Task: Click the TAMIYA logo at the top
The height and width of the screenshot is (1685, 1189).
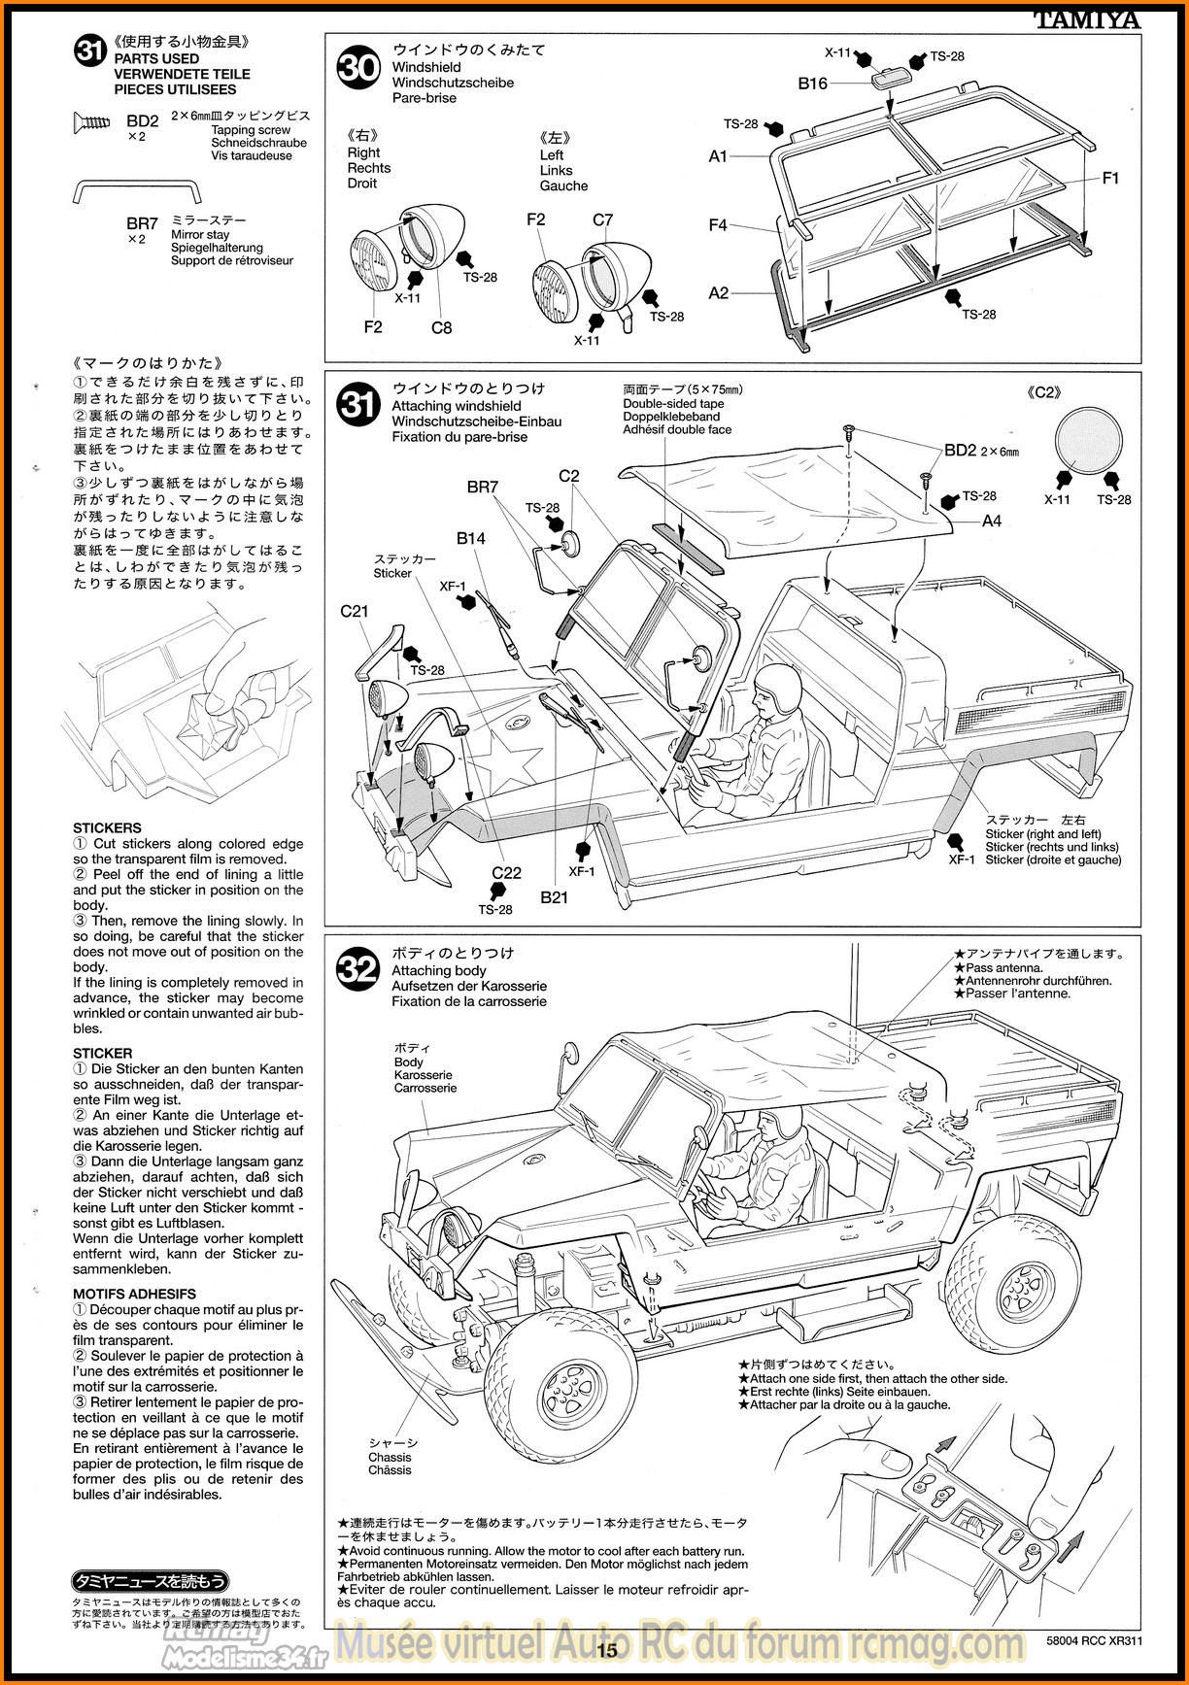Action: [x=1086, y=19]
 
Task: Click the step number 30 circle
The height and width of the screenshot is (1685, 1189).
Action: [x=358, y=68]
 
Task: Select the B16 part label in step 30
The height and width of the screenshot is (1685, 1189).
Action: [x=813, y=84]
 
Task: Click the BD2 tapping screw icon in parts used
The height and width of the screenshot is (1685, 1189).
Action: [x=92, y=121]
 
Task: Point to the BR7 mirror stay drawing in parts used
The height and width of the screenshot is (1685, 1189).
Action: [x=137, y=191]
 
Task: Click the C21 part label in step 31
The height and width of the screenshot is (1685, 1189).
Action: [x=355, y=611]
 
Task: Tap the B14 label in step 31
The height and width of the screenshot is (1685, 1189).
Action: [x=471, y=538]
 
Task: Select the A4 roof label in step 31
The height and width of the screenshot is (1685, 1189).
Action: [x=992, y=521]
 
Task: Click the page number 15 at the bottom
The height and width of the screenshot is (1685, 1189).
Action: [x=607, y=1650]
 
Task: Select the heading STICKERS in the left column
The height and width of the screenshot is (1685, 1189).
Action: [x=107, y=828]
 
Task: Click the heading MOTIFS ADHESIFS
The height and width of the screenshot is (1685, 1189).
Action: [x=134, y=1294]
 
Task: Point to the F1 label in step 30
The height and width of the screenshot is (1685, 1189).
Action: [x=1111, y=178]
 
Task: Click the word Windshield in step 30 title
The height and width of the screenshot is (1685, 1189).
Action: [x=426, y=67]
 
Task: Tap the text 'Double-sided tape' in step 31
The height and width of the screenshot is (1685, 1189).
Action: [x=673, y=404]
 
